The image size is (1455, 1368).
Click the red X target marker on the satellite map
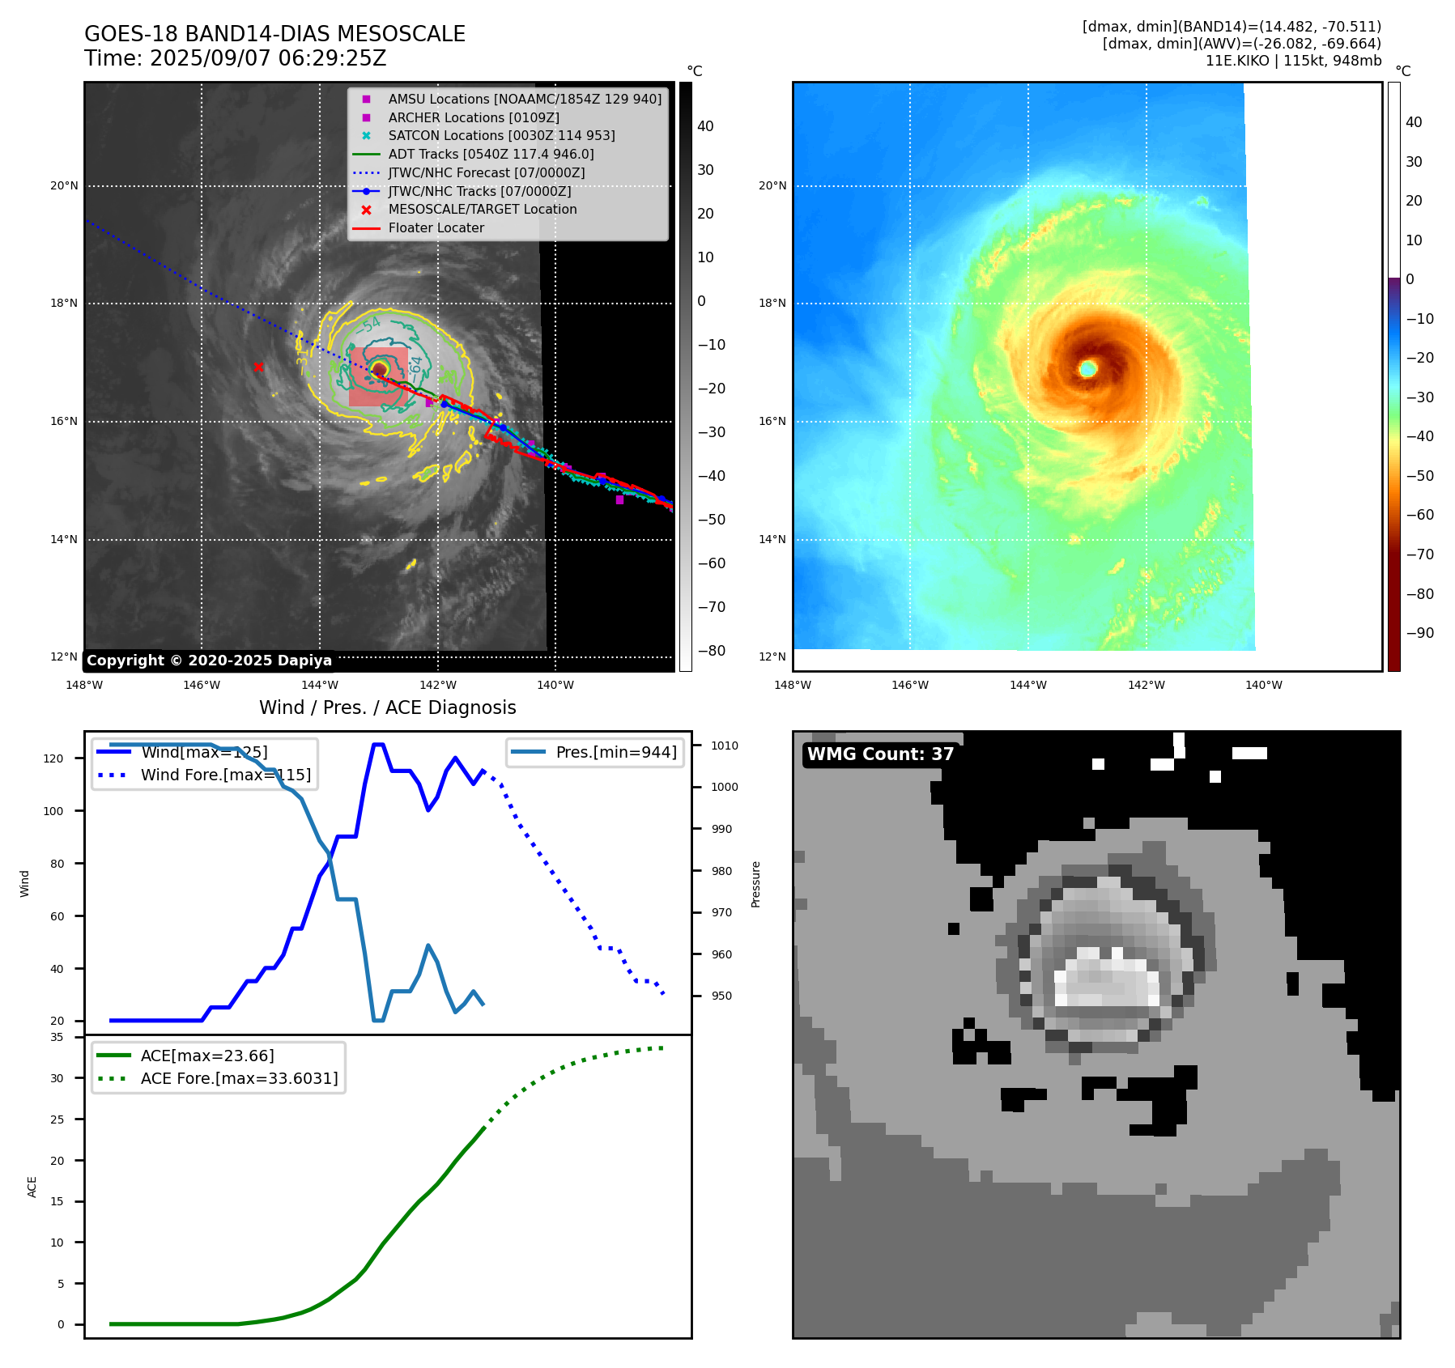(258, 367)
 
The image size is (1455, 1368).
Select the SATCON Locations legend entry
(501, 135)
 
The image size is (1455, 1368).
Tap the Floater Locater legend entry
(436, 227)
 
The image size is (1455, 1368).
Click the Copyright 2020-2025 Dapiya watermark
(209, 661)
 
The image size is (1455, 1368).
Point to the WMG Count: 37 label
(880, 754)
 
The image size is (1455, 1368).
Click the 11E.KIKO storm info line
(1293, 61)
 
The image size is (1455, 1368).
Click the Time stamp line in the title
(236, 58)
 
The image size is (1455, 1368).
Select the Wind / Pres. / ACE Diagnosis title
(387, 707)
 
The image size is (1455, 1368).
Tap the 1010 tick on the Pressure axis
(725, 746)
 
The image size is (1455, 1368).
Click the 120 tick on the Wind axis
(53, 758)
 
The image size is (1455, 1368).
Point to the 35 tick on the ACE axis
(57, 1037)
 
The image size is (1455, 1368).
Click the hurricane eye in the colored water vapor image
(1087, 369)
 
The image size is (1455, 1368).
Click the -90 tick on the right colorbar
(1419, 633)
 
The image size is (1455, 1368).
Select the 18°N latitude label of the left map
(64, 304)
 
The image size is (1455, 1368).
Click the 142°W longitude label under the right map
(1146, 685)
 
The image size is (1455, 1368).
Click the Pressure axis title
(755, 884)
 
